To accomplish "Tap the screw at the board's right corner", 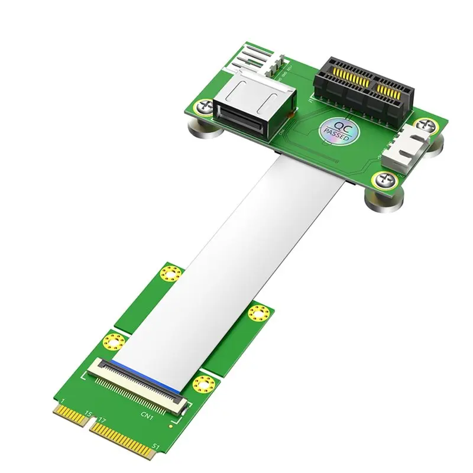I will (426, 125).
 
